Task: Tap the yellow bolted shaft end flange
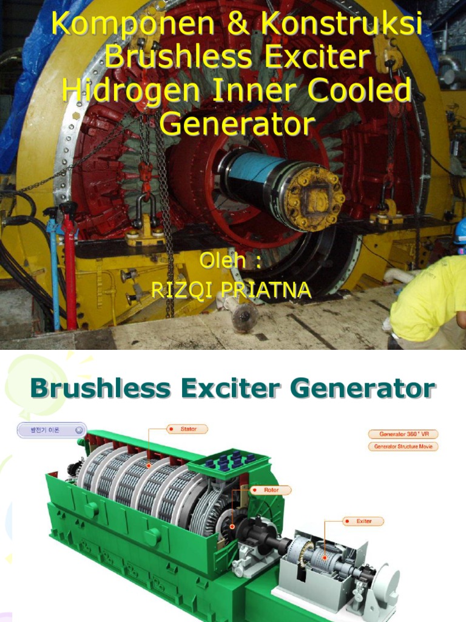pyautogui.click(x=313, y=199)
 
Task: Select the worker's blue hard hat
pyautogui.click(x=461, y=231)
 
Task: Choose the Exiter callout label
pyautogui.click(x=363, y=521)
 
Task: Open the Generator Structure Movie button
pyautogui.click(x=402, y=446)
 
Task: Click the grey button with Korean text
pyautogui.click(x=50, y=430)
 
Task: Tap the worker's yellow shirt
pyautogui.click(x=428, y=298)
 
